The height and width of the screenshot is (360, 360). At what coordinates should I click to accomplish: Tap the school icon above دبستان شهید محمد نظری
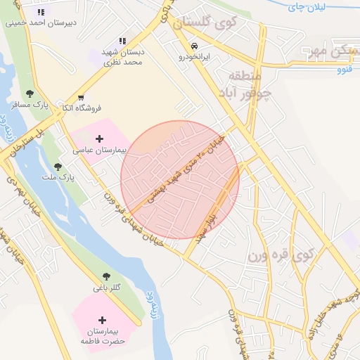tap(123, 41)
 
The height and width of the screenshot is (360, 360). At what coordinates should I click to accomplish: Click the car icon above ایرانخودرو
tap(185, 46)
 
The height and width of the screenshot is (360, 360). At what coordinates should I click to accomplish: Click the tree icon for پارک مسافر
tap(30, 94)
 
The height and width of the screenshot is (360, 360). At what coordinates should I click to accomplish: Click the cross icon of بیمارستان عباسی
tap(99, 140)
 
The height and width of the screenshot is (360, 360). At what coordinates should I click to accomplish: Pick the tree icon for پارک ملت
tap(58, 167)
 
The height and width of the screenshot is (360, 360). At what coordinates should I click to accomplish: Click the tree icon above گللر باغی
tap(106, 277)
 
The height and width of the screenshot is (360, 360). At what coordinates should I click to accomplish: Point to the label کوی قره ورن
tap(280, 255)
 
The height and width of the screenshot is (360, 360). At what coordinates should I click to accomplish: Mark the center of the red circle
tap(180, 180)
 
